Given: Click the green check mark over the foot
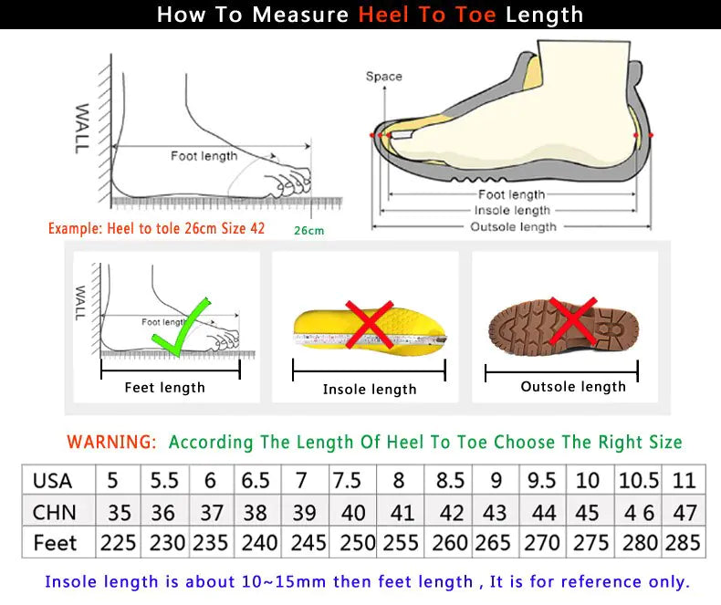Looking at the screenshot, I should (182, 329).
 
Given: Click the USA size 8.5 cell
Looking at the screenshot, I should (450, 481).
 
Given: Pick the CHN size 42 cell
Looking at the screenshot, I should (450, 512).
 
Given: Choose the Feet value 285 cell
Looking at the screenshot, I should (683, 543).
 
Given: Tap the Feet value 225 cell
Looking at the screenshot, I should (119, 543).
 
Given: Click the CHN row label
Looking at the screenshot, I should (54, 512).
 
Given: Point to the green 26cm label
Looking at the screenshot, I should (308, 231).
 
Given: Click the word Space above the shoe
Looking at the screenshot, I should (383, 77).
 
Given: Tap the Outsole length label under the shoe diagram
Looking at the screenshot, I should (513, 226).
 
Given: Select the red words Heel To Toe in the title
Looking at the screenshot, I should (427, 15).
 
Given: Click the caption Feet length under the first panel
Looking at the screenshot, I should (164, 388).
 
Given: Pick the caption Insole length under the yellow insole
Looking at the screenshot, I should (370, 390).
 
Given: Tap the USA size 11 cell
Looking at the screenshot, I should (683, 481).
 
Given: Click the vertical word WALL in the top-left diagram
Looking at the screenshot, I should (82, 128).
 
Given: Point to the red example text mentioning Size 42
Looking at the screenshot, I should (156, 228).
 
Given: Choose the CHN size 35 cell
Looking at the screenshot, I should (119, 512).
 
